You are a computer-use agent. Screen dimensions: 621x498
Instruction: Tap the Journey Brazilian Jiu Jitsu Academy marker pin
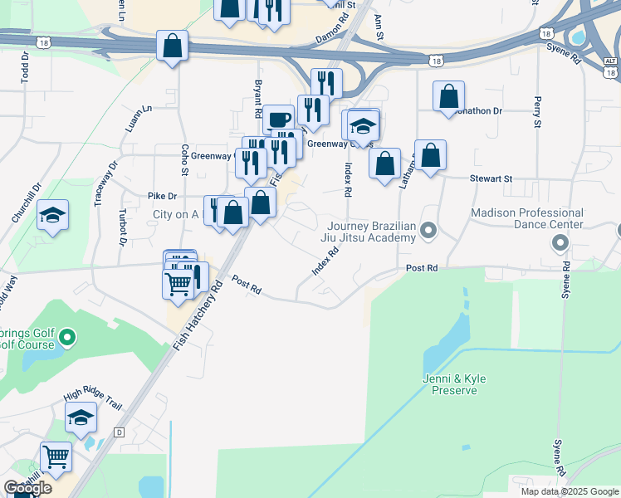tap(428, 229)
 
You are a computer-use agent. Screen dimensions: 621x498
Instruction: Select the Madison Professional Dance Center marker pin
tap(560, 243)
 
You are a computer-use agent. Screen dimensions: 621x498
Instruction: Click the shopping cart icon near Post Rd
tap(178, 284)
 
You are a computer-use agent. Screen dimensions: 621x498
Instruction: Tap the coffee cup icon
tap(279, 119)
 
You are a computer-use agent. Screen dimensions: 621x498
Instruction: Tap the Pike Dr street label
tap(162, 196)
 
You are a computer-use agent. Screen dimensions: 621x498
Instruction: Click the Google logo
tap(27, 487)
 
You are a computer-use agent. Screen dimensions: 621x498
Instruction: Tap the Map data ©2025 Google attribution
tap(569, 491)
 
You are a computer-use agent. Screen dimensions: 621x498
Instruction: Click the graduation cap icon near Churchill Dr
tap(52, 216)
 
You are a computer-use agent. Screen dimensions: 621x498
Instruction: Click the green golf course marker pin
tap(68, 338)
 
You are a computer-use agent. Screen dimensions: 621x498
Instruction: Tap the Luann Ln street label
tap(138, 120)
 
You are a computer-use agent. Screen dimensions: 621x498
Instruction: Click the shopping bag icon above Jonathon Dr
tap(448, 96)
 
